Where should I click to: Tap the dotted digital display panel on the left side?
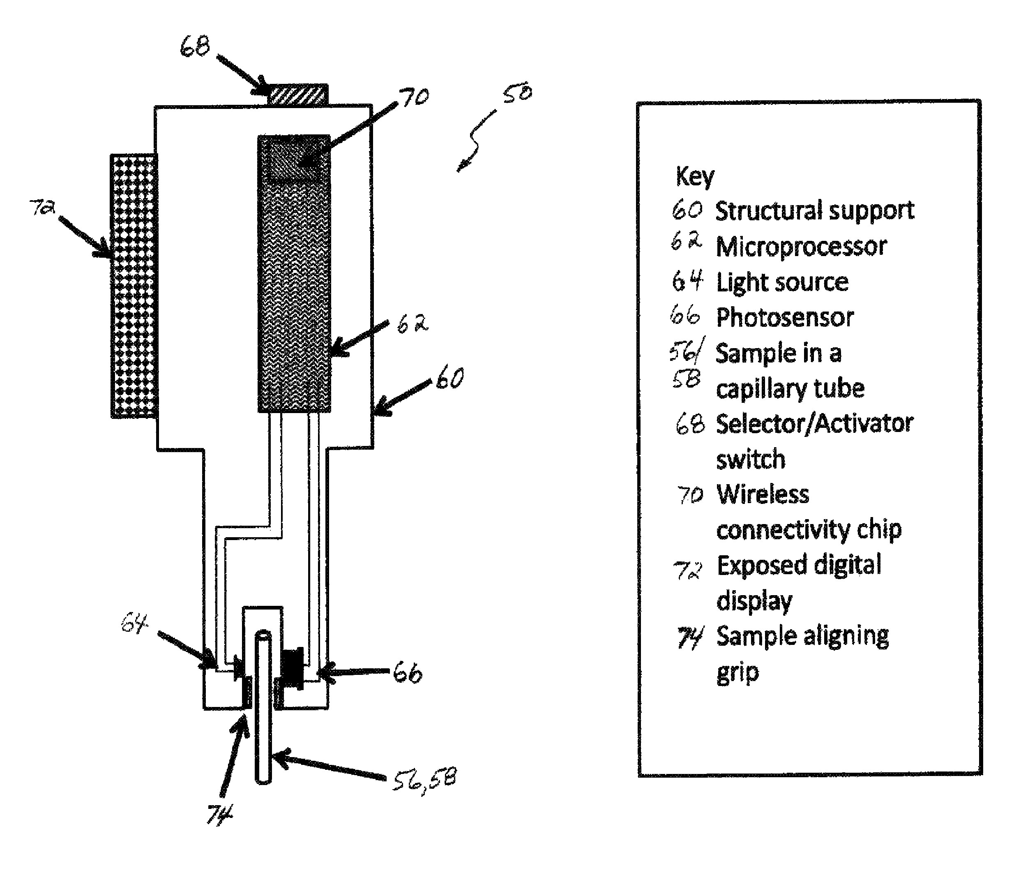(134, 285)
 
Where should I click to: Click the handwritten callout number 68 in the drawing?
(194, 46)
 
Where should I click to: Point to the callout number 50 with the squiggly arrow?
(517, 92)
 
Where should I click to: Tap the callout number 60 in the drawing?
(449, 379)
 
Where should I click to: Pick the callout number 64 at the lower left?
(134, 624)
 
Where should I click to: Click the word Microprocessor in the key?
(801, 246)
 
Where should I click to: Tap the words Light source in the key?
(782, 282)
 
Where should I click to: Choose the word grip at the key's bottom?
(737, 673)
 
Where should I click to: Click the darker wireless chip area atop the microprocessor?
(294, 158)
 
